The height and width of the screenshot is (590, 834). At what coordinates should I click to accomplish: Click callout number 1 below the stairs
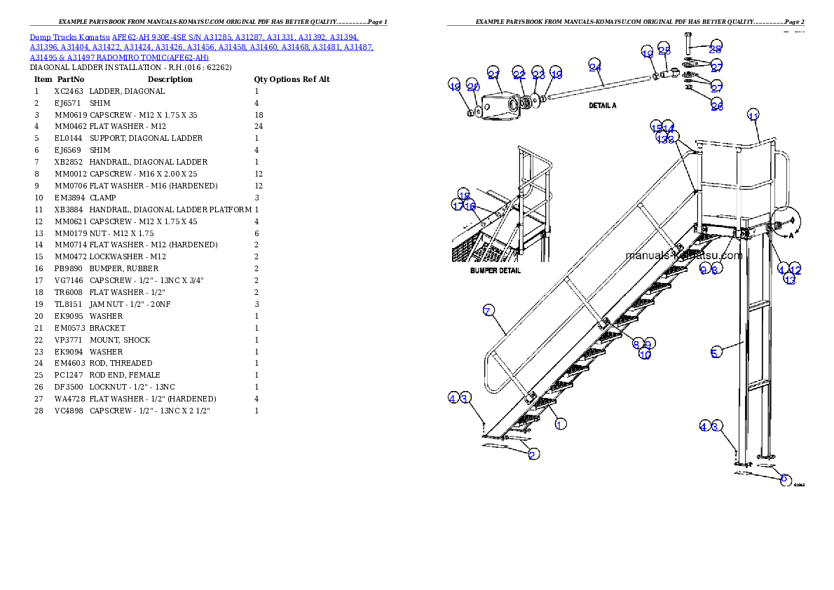pyautogui.click(x=560, y=424)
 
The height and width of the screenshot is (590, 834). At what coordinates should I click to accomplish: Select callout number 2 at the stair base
pyautogui.click(x=533, y=454)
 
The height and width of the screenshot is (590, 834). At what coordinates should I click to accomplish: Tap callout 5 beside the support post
pyautogui.click(x=715, y=352)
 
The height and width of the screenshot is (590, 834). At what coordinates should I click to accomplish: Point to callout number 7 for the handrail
pyautogui.click(x=488, y=310)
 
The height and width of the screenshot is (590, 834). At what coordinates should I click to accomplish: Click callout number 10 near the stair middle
pyautogui.click(x=645, y=355)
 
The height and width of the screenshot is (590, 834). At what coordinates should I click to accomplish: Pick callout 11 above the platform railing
pyautogui.click(x=753, y=116)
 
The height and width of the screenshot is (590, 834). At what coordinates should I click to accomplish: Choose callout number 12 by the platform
pyautogui.click(x=795, y=269)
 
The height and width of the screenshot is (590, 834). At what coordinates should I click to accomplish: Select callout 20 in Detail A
pyautogui.click(x=474, y=88)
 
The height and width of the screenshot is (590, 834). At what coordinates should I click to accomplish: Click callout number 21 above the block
pyautogui.click(x=493, y=74)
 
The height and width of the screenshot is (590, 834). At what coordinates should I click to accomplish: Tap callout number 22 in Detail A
pyautogui.click(x=519, y=74)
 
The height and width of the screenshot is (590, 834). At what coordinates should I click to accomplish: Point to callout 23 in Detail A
pyautogui.click(x=538, y=74)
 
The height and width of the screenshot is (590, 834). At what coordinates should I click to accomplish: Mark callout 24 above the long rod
pyautogui.click(x=594, y=67)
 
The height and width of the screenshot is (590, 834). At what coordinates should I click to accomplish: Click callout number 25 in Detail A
pyautogui.click(x=664, y=50)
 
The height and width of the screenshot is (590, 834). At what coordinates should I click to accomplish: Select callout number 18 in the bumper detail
pyautogui.click(x=464, y=195)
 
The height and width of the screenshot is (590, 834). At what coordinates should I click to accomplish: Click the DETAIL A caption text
pyautogui.click(x=603, y=105)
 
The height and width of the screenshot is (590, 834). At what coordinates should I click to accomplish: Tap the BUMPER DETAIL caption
pyautogui.click(x=496, y=270)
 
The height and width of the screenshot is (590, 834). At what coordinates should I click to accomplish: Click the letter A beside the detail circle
pyautogui.click(x=791, y=236)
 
